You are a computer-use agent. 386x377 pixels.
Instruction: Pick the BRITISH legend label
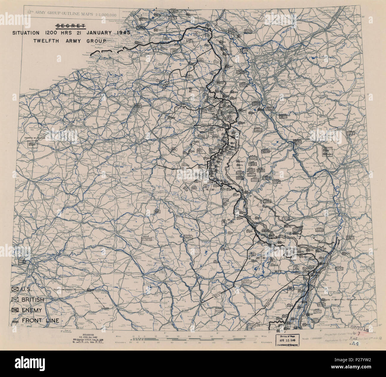click(x=33, y=300)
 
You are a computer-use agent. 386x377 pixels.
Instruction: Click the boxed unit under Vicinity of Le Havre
click(x=31, y=144)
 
